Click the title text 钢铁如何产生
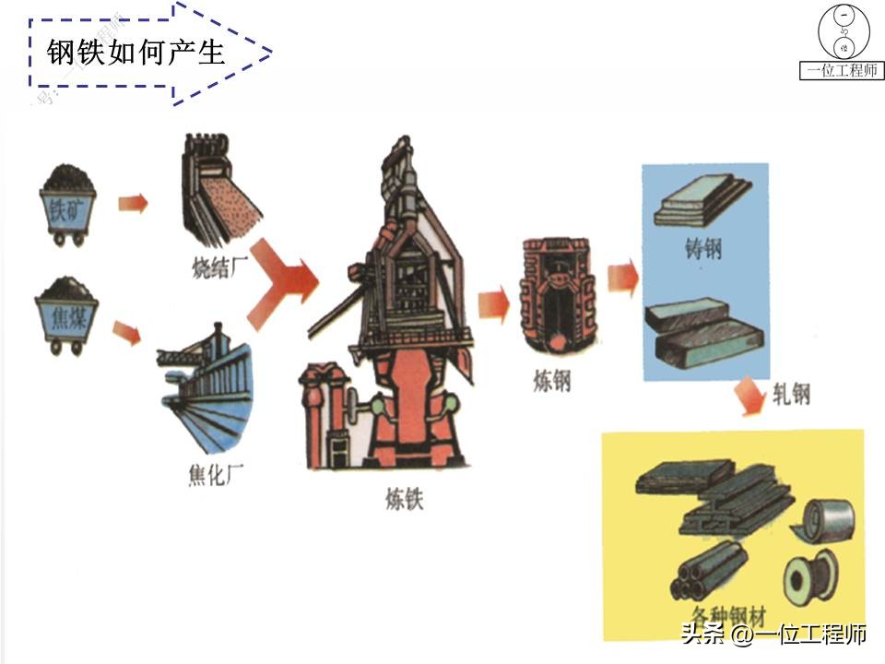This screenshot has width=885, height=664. tap(136, 53)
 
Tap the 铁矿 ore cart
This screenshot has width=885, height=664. tap(67, 204)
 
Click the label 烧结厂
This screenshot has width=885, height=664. tap(215, 267)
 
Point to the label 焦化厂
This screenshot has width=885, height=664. tap(215, 477)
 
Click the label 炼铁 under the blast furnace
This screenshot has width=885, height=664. tap(405, 499)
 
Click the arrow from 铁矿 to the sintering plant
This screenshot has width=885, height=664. tap(132, 203)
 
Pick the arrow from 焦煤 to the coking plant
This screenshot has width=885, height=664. tap(126, 331)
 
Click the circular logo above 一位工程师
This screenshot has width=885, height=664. tap(843, 32)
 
